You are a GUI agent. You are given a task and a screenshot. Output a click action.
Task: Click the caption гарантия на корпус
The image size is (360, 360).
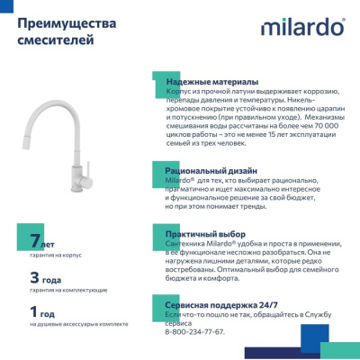[x=56, y=256]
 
